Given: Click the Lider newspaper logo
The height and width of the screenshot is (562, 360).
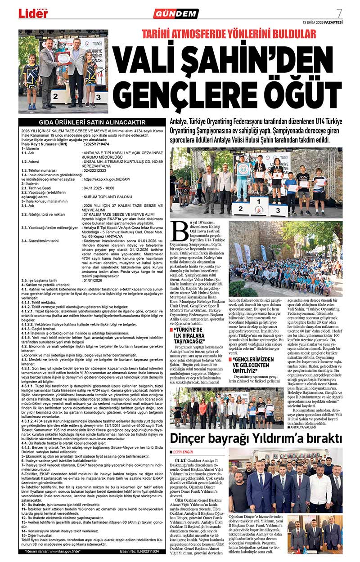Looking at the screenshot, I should pos(33,13).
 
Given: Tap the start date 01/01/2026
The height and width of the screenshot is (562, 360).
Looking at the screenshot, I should pos(94,280).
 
